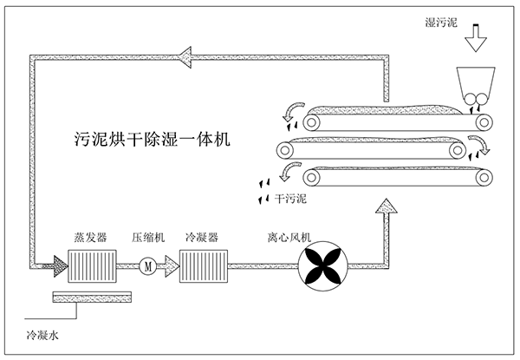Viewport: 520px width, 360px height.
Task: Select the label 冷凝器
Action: [x=202, y=237]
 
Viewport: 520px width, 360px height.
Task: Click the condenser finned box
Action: [x=203, y=265]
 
